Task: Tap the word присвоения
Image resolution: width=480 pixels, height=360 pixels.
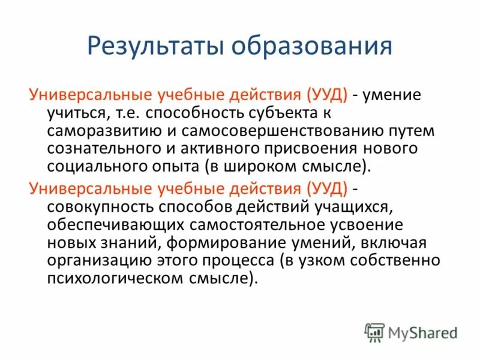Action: (x=316, y=148)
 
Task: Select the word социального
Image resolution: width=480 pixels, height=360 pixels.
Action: (x=91, y=166)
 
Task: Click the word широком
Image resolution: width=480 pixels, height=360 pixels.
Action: (x=260, y=166)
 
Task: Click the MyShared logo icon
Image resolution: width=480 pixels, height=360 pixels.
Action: (x=374, y=332)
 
